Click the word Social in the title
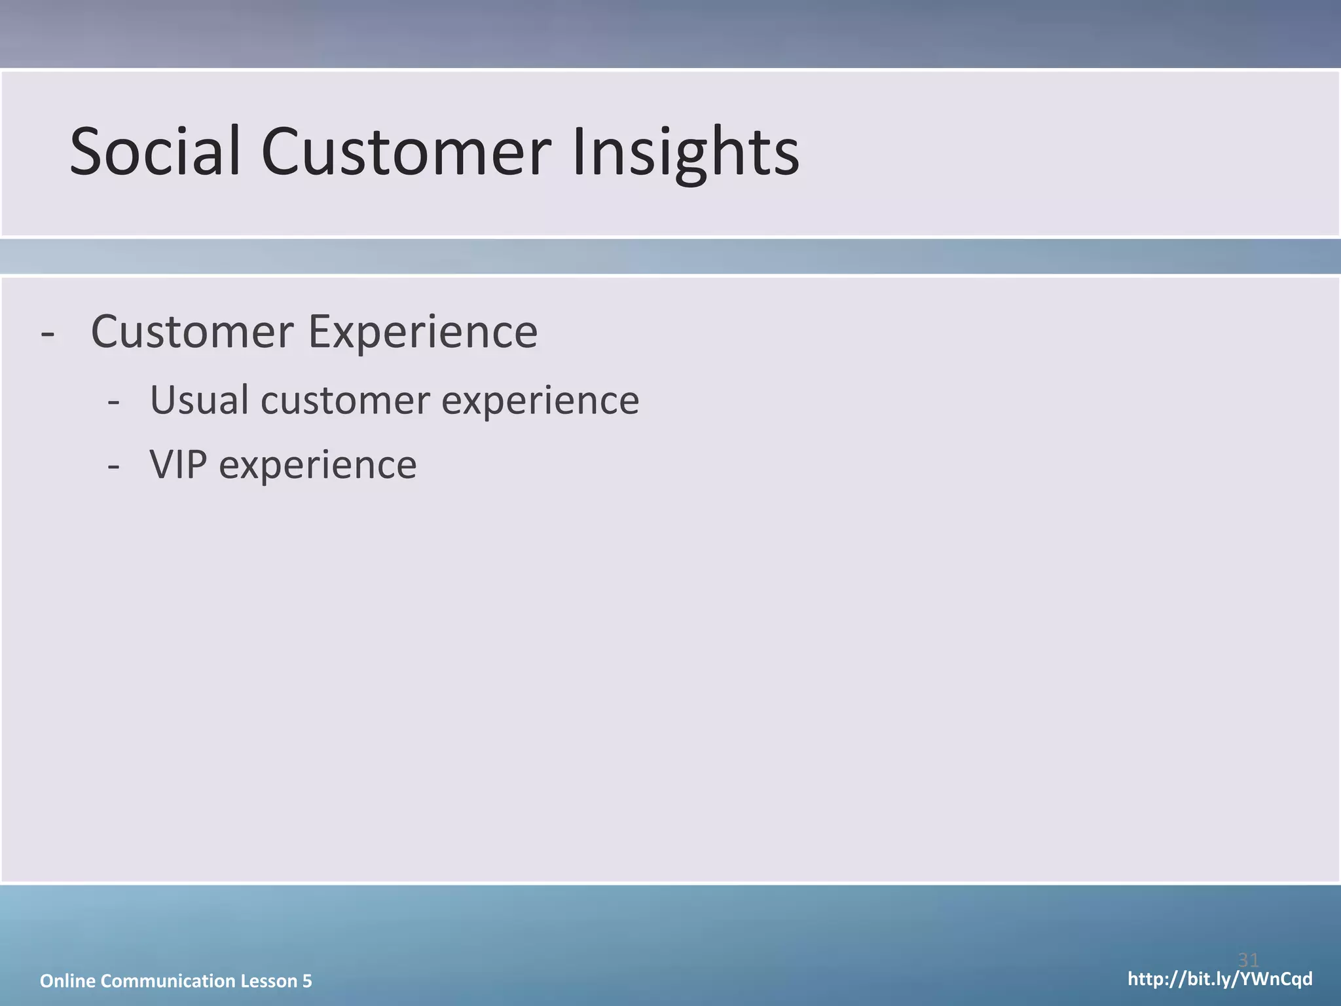[155, 152]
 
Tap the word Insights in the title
[686, 152]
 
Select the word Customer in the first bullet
[192, 331]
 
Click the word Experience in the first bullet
[423, 333]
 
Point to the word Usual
[199, 400]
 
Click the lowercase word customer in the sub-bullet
[345, 401]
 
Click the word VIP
[178, 465]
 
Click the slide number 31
[1248, 960]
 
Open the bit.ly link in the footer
[1219, 979]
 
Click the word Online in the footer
[67, 980]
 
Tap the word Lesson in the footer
[268, 980]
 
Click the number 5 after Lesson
[307, 980]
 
